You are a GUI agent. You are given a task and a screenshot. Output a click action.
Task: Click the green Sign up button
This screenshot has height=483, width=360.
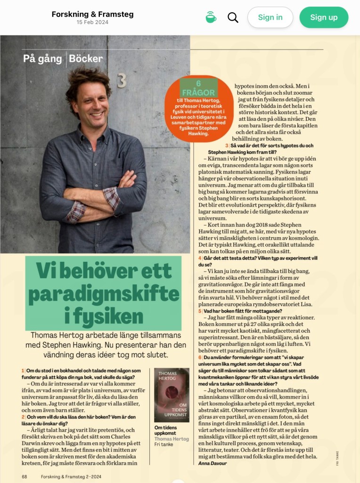(324, 17)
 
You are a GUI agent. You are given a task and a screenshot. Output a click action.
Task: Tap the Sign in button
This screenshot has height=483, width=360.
(270, 17)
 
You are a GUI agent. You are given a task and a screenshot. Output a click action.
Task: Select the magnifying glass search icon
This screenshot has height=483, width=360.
(233, 17)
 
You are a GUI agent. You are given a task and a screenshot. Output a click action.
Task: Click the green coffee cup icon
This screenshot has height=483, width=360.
(211, 17)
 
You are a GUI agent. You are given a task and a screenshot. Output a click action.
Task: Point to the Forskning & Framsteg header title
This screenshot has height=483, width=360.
(92, 14)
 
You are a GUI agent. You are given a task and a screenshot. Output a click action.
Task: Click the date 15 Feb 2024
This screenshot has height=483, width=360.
(92, 22)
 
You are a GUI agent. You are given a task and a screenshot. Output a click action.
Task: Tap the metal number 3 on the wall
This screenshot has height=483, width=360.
(122, 81)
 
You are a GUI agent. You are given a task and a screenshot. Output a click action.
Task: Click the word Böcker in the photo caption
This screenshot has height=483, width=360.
(86, 59)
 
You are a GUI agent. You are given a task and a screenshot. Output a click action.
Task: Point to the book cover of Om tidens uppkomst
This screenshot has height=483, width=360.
(172, 395)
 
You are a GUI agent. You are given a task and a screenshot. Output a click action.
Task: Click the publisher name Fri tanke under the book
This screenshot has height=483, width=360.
(164, 444)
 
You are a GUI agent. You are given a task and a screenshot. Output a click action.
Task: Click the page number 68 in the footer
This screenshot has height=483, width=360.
(24, 476)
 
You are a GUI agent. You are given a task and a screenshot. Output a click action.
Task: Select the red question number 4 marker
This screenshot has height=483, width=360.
(200, 258)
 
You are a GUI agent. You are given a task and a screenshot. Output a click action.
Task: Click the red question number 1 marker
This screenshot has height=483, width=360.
(23, 371)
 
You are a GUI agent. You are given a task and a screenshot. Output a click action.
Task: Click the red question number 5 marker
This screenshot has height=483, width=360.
(200, 311)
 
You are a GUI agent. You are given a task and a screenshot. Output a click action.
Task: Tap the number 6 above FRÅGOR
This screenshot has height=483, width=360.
(198, 83)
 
